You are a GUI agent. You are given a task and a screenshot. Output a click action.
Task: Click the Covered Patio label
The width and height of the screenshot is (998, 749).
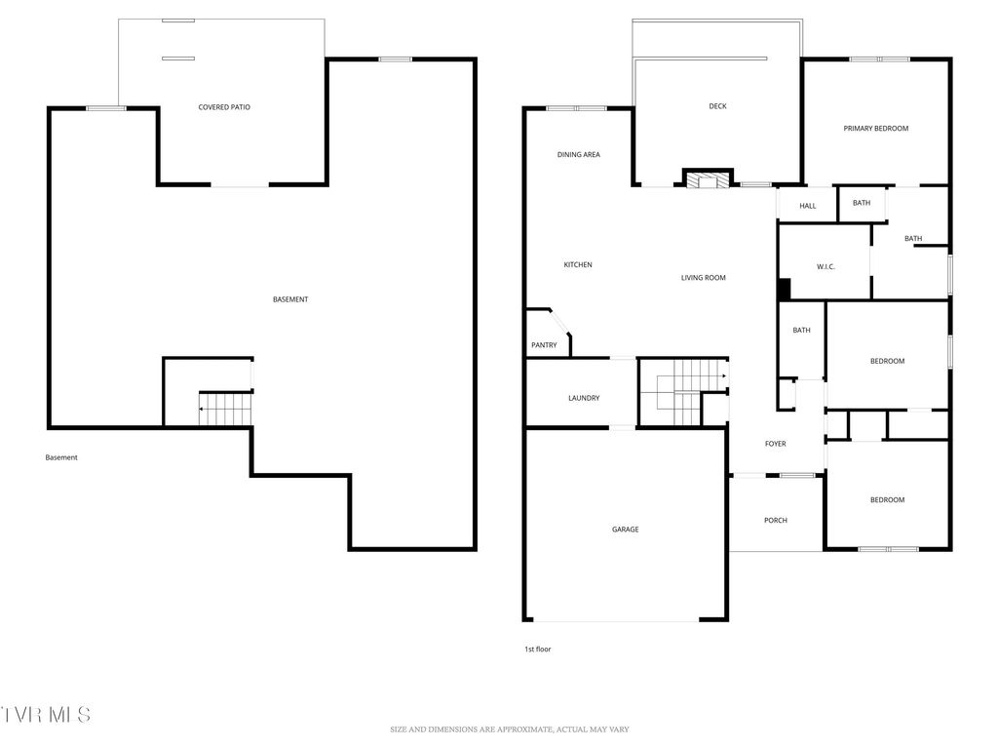(224, 107)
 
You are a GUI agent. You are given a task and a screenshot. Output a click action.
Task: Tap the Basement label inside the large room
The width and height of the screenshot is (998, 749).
(289, 299)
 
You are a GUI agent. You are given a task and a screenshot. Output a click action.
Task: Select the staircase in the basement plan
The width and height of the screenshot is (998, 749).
(225, 409)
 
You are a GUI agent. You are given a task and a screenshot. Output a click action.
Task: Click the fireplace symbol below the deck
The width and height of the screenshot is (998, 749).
(705, 179)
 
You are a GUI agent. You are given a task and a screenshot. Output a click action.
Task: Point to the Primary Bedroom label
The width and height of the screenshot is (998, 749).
(875, 128)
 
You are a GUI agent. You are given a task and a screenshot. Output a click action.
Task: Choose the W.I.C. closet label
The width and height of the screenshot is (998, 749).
(825, 267)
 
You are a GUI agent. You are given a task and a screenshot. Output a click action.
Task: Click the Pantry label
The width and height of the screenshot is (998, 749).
(544, 345)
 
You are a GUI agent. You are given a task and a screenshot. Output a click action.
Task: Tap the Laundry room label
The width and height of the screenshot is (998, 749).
(583, 398)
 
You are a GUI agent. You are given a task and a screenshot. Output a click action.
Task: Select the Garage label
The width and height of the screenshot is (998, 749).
(625, 530)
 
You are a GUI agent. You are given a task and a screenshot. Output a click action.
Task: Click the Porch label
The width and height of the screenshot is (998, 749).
(775, 521)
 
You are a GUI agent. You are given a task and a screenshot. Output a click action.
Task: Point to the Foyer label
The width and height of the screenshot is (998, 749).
(775, 444)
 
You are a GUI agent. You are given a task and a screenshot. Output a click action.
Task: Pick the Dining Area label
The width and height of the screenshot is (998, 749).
(578, 154)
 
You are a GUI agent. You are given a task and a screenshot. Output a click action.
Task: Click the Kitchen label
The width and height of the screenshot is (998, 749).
(577, 265)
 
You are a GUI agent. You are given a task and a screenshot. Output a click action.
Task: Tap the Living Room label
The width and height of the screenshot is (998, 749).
(703, 278)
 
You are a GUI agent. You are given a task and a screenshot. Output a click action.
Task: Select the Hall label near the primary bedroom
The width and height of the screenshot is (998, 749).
(807, 206)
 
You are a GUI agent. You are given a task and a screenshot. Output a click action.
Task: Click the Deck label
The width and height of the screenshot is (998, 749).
(717, 106)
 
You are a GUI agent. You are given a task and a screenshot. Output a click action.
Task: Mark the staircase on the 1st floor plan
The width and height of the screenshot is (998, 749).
(682, 391)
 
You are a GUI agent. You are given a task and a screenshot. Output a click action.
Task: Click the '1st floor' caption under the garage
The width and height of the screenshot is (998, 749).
(537, 649)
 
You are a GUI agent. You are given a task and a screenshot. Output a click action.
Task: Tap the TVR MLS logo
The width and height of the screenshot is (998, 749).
(46, 714)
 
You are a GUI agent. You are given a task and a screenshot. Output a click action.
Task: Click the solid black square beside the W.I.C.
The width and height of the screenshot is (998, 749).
(783, 290)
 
